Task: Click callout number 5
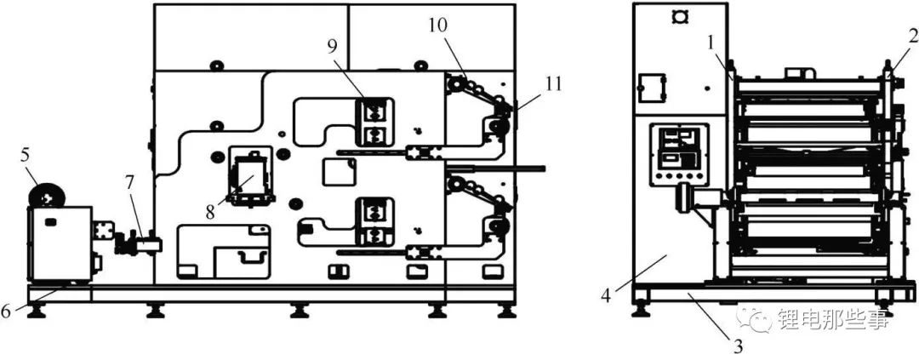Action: [x=24, y=157]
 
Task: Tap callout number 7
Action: [x=129, y=182]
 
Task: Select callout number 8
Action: [x=211, y=211]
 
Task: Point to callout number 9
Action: [x=333, y=48]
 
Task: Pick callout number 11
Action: [x=552, y=84]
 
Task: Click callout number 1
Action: [x=711, y=42]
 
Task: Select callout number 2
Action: [x=912, y=35]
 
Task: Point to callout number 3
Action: [x=739, y=346]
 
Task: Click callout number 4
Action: [x=607, y=295]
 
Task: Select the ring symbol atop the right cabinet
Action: [x=681, y=17]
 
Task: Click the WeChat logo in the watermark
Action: [x=754, y=318]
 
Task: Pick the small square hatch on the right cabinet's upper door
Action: [x=652, y=86]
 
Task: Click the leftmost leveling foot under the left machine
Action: [x=37, y=311]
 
